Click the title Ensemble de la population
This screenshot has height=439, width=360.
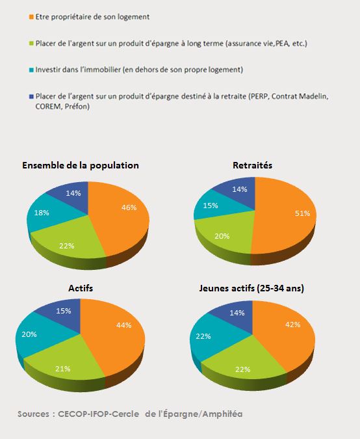tap(81, 165)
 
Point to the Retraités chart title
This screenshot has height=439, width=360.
tap(252, 165)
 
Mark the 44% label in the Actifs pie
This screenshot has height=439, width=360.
tap(124, 325)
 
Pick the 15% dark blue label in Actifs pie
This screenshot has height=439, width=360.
tap(63, 311)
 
